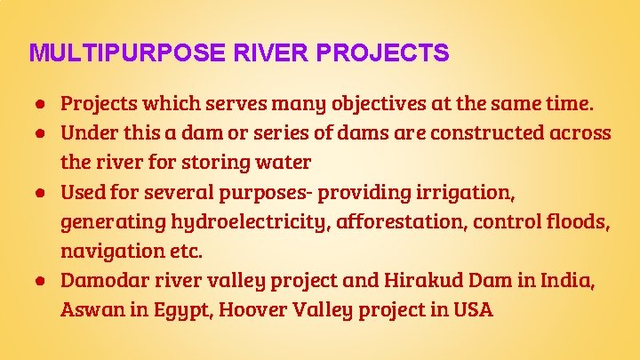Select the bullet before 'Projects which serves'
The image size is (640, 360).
(42, 103)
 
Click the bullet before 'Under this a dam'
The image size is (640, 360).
(42, 133)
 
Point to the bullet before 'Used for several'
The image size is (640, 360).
(42, 192)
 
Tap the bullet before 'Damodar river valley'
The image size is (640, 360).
(42, 281)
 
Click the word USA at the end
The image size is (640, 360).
(472, 311)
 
